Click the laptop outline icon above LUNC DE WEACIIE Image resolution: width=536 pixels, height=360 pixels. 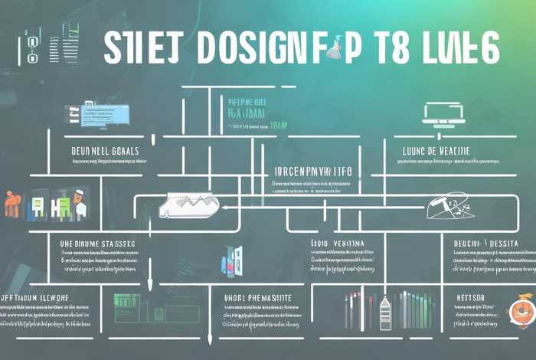coord(443,113)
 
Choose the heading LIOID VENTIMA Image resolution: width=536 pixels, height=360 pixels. coord(338,244)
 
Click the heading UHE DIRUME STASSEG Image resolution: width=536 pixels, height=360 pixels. coord(97,244)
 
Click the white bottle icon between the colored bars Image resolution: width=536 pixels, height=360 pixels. coord(385,313)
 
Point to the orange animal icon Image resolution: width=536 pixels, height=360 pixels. coord(12,204)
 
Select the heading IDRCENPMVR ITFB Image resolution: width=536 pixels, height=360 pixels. coord(313,172)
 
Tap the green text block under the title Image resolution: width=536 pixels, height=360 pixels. coord(247,110)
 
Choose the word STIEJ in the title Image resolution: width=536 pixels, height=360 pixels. coord(142,48)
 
